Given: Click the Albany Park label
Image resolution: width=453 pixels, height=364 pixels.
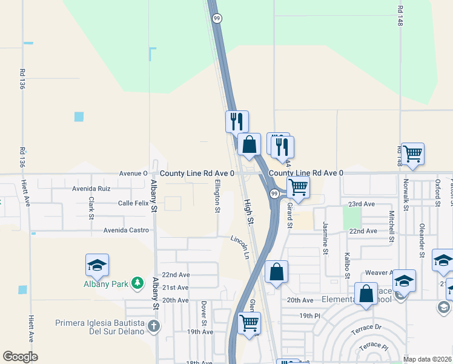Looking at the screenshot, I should click(x=108, y=283).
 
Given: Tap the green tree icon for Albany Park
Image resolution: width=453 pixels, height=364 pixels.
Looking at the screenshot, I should click(x=139, y=283).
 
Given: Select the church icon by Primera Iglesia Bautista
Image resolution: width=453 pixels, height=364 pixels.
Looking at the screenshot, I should click(x=154, y=326).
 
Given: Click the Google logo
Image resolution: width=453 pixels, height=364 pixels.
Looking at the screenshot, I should click(x=20, y=357).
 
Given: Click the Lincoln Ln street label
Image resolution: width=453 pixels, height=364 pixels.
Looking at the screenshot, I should click(x=240, y=246).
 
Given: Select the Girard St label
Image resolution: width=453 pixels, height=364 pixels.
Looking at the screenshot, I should click(x=290, y=217).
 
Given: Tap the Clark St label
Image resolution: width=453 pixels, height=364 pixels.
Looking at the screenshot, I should click(x=91, y=207).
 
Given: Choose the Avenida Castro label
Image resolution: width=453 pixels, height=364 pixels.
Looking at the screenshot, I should click(x=126, y=231).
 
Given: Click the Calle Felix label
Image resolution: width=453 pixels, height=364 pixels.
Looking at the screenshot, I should click(x=133, y=203).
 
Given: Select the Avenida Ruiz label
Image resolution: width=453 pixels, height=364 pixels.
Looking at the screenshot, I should click(x=91, y=189).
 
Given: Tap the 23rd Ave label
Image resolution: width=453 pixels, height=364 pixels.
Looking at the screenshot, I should click(x=362, y=204).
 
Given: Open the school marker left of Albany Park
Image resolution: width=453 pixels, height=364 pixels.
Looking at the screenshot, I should click(x=97, y=265).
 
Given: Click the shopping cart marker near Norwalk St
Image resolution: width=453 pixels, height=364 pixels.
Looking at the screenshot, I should click(x=412, y=155).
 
